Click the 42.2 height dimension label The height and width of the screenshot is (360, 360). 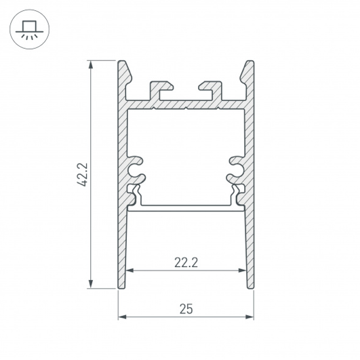(82, 174)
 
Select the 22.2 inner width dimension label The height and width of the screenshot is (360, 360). (186, 262)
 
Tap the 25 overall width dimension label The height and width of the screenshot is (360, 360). (186, 309)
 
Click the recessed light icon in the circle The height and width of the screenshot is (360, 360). (29, 30)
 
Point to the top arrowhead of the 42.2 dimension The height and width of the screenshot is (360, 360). (91, 64)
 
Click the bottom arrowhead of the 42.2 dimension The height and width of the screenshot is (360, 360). (91, 284)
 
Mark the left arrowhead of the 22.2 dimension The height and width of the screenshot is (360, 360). (130, 271)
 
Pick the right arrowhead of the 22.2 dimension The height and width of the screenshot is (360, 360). (242, 271)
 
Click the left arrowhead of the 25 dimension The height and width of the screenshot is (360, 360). (122, 317)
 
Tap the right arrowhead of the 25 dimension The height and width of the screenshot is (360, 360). (249, 317)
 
